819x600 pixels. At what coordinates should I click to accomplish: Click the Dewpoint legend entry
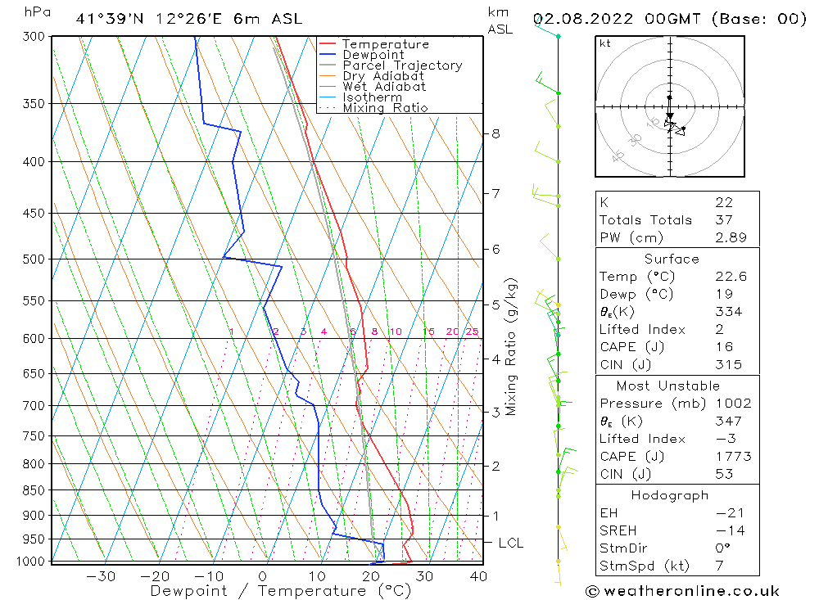(373, 55)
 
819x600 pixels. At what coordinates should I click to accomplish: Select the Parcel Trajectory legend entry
(402, 65)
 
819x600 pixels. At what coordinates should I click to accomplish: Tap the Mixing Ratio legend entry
(385, 108)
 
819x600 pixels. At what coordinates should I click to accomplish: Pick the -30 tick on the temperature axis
(101, 576)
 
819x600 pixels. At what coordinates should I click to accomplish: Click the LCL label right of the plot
(510, 543)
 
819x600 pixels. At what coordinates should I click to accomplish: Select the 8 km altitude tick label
(495, 133)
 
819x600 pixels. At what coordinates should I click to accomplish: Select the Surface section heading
(672, 259)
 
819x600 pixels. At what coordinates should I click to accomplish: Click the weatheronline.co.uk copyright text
(682, 590)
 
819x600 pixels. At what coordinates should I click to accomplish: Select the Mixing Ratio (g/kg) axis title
(512, 347)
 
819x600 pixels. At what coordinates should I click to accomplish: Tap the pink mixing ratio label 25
(472, 332)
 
